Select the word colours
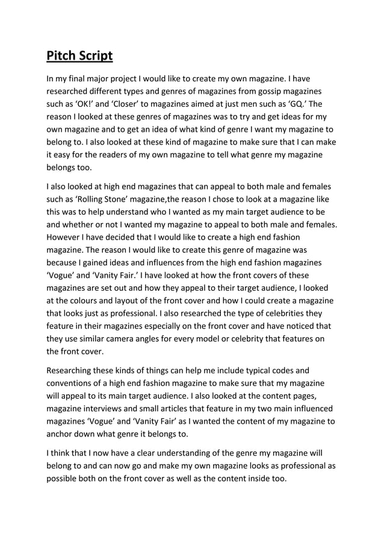86,300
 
